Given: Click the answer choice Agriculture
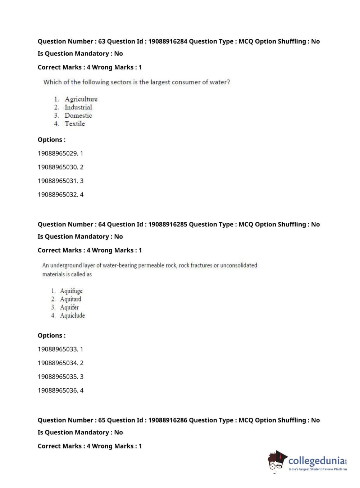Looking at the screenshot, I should coord(81,99).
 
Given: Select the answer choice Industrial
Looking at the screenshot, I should coord(78,107).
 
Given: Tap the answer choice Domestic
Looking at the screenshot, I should coord(78,116).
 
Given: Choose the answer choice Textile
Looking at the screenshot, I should coord(75,124).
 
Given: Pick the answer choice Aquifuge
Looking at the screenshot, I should coord(71,291).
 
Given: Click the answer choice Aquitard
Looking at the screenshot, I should coord(70,299).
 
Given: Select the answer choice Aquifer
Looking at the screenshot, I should coord(69,307).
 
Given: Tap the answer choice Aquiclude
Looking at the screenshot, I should coord(72,316).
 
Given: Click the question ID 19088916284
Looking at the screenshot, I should coord(168,41).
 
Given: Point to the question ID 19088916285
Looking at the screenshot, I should coord(168,224).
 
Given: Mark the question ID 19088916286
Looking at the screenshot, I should coord(168,420).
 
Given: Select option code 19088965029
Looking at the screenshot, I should coord(58,153).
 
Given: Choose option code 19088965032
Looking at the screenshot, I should coord(58,194).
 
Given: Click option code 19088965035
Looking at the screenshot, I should coord(58,376).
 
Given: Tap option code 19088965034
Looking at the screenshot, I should coord(58,363).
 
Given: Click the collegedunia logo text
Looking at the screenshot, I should coord(316,461).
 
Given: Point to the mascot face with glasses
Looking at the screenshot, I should coord(276,461).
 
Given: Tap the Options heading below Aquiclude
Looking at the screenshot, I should coord(51,335).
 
